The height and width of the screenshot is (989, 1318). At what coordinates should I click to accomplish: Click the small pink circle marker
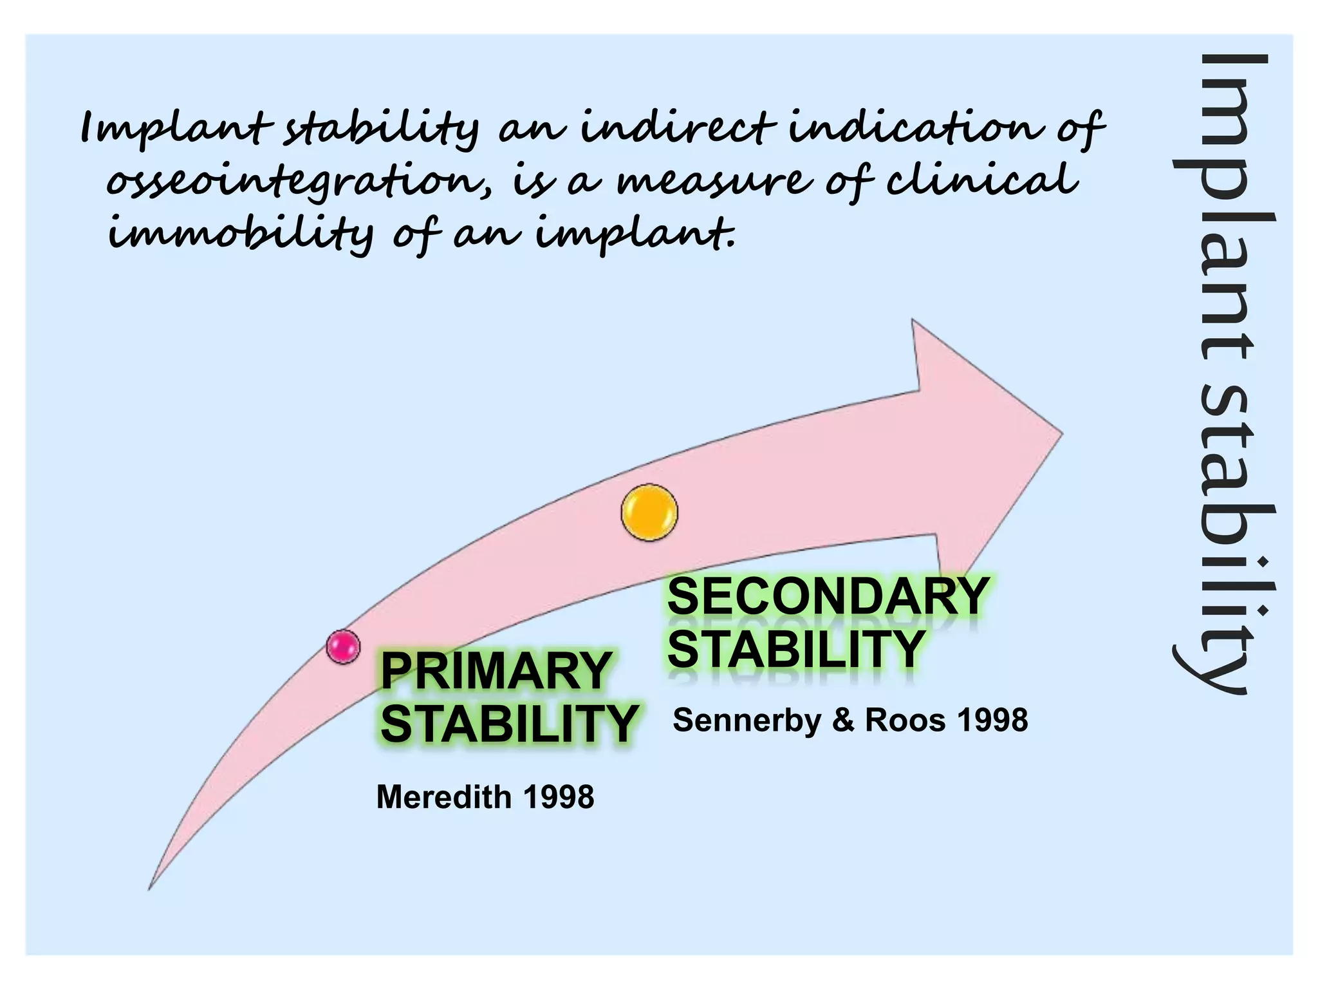(x=343, y=646)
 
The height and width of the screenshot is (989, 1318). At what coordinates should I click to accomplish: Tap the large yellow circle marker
(x=649, y=513)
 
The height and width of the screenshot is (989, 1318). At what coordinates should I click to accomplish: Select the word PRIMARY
(x=496, y=671)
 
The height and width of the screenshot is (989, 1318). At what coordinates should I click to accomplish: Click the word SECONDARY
(x=828, y=597)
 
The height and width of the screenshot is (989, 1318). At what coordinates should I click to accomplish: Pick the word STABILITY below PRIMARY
(x=509, y=724)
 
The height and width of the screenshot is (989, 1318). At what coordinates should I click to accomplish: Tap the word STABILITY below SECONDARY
(x=796, y=649)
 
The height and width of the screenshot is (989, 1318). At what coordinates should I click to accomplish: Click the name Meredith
(x=443, y=797)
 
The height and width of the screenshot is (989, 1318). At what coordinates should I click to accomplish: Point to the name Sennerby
(x=747, y=721)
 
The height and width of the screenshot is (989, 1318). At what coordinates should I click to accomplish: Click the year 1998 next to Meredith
(x=559, y=797)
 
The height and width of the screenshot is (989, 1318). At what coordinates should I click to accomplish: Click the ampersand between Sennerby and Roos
(x=842, y=721)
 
